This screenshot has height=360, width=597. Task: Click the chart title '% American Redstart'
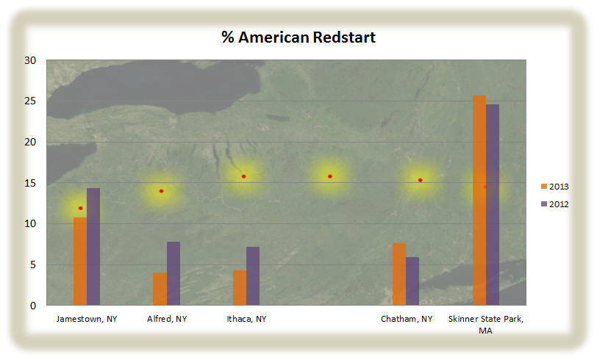[x=298, y=37]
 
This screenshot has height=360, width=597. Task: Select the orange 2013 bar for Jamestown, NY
[x=80, y=261]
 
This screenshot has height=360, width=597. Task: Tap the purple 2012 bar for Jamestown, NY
[x=93, y=247]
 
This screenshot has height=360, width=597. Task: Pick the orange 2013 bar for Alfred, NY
[x=160, y=289]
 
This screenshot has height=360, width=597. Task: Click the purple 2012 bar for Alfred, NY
[x=174, y=273]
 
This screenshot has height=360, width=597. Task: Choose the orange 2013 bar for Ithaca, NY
[x=240, y=288]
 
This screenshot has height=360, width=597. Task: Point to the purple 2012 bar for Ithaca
[x=253, y=276]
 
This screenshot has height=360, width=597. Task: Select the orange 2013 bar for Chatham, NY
[x=399, y=274]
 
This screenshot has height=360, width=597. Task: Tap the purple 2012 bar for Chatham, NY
[x=412, y=281]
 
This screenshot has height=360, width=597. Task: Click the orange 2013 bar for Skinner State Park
[x=479, y=200]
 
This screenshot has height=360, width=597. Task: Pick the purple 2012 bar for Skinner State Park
[x=493, y=205]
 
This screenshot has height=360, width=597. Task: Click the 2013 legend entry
[x=555, y=187]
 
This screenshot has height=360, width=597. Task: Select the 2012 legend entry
[x=555, y=204]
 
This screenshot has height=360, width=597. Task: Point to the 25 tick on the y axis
[x=30, y=101]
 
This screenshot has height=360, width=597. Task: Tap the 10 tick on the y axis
[x=30, y=224]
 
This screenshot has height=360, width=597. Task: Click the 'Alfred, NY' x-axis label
[x=167, y=319]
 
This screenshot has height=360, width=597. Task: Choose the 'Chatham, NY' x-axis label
[x=407, y=319]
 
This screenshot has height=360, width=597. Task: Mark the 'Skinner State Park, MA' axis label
[x=486, y=325]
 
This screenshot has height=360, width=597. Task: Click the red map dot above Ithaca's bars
[x=243, y=176]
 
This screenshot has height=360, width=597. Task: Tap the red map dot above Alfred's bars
[x=162, y=191]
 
